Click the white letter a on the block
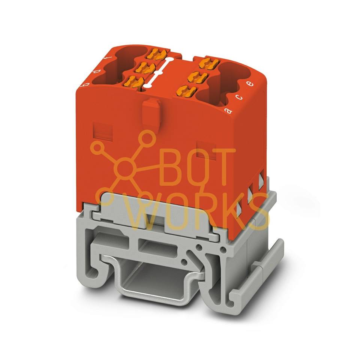coord(228,111)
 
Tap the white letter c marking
coord(240,97)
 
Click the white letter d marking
coord(97,71)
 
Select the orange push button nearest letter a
coord(186,91)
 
